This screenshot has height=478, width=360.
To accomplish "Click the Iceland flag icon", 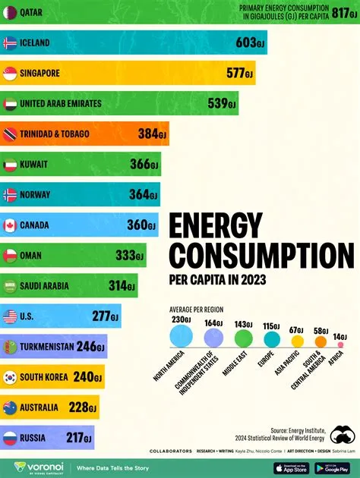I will point(11,43).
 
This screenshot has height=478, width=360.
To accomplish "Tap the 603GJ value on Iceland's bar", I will point(248,43).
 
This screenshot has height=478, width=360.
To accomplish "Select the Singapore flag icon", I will point(11,74).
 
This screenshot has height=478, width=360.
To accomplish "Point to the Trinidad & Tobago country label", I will point(55,134).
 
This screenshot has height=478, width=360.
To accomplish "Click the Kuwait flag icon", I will point(11,165).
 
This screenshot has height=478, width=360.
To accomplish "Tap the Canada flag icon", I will point(11,225).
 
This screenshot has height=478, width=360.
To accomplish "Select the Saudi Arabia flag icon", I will point(11,286).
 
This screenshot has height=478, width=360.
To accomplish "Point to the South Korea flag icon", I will point(11,377).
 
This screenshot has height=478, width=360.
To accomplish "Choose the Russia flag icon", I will point(11,438).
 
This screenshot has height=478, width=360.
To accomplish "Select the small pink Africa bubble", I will point(340,344).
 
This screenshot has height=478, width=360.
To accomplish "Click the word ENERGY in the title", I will point(215,226).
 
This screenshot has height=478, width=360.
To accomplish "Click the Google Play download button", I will point(331,467).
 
